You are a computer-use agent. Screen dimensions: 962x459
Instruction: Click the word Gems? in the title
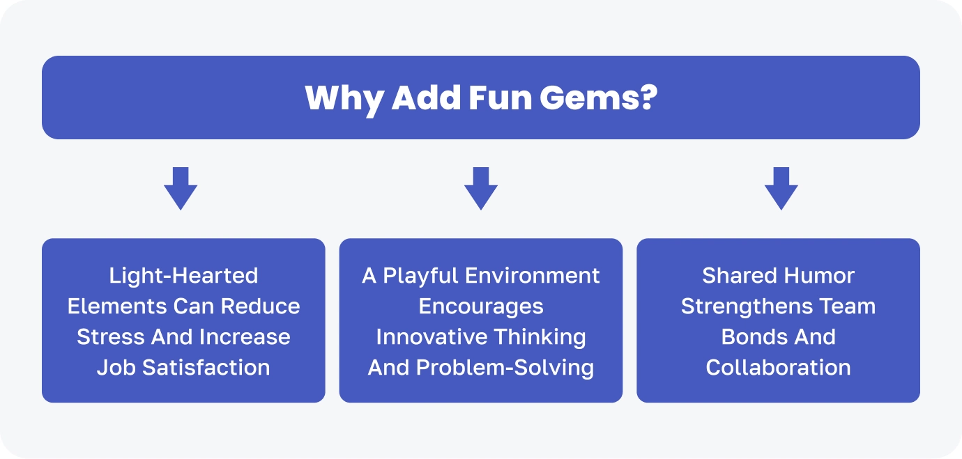598,98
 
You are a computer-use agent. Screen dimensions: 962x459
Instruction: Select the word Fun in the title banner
500,98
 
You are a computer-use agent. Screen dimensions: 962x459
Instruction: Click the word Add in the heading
426,98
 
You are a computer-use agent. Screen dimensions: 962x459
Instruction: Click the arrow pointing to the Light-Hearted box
181,188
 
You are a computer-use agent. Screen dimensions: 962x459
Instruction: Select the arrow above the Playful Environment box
481,188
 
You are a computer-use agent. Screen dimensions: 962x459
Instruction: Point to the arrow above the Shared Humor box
781,188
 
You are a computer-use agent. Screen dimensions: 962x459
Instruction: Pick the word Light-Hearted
183,275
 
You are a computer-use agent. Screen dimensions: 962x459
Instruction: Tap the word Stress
110,336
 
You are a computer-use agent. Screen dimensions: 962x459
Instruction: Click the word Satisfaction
206,368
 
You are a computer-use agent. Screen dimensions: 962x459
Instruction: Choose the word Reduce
260,306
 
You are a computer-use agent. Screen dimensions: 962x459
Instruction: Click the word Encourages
481,307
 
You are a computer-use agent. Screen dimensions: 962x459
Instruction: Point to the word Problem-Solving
505,368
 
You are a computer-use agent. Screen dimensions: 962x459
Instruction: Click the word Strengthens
747,307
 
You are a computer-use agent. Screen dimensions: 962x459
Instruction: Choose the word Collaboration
778,368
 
